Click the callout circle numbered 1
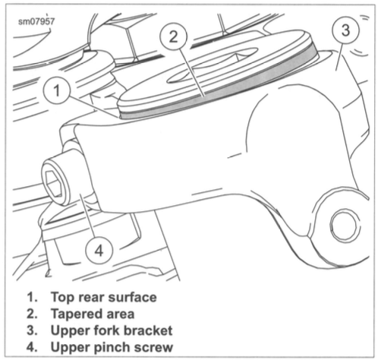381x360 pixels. (x=56, y=90)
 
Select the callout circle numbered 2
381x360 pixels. (x=174, y=37)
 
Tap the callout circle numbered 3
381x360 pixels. (x=345, y=30)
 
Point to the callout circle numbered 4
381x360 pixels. (x=99, y=251)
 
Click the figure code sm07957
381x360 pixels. (x=36, y=21)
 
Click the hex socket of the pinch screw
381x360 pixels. (x=54, y=184)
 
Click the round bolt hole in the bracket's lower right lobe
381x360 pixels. (x=345, y=225)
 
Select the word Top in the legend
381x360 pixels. (x=63, y=297)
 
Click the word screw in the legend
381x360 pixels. (x=153, y=347)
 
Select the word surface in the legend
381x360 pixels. (x=132, y=297)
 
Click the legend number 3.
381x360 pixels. (x=32, y=330)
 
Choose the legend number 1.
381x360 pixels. (x=32, y=297)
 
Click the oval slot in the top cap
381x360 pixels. (x=212, y=65)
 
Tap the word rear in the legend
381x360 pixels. (x=91, y=298)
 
